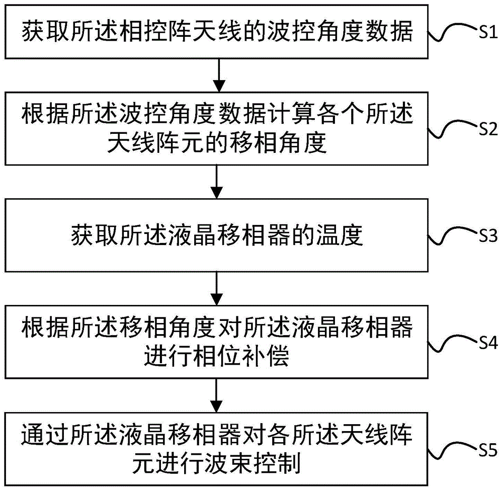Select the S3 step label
(x=485, y=236)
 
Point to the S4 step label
(x=485, y=343)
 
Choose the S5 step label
(x=485, y=449)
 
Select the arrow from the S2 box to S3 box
(x=217, y=182)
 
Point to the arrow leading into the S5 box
(x=217, y=395)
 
